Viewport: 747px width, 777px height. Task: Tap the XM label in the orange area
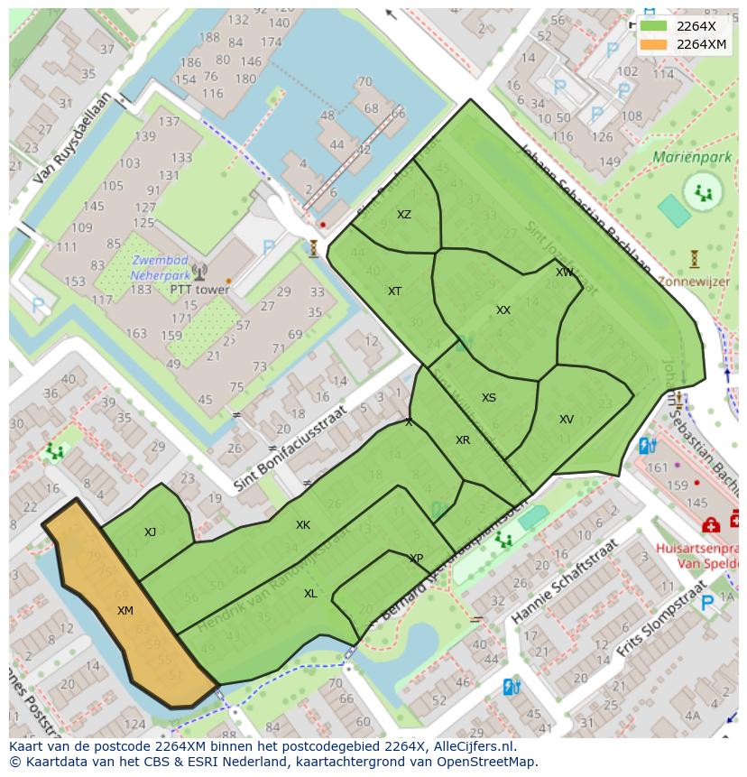coord(125,611)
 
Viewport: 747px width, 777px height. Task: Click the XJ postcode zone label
coord(150,532)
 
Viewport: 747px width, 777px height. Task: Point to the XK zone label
coord(303,525)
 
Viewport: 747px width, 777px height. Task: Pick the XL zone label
coord(310,594)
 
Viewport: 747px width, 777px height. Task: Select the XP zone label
coord(416,559)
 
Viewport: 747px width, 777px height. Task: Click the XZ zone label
coord(404,215)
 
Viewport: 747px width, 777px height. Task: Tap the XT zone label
coord(394,291)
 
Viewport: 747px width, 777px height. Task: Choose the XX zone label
coord(503,310)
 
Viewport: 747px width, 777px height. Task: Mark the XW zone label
coord(564,273)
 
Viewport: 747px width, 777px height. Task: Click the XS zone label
coord(489,398)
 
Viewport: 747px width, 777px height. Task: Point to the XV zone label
coord(566,420)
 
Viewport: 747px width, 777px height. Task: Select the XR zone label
coord(463,440)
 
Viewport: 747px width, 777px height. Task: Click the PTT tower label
coord(199,291)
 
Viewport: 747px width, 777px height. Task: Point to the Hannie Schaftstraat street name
coord(563,583)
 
